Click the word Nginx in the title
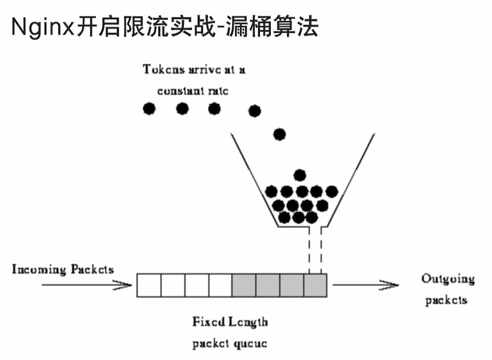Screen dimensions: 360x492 (x=42, y=26)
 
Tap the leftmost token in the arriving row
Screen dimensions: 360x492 (x=149, y=109)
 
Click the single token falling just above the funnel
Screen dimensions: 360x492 (x=279, y=134)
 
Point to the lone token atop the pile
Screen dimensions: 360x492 (x=300, y=175)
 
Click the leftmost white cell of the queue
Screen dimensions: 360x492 (x=149, y=285)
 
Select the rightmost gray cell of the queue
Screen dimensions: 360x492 (x=315, y=285)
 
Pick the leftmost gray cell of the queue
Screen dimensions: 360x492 (x=244, y=285)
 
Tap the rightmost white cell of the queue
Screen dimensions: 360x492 (x=220, y=285)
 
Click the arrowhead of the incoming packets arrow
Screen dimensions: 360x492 (x=124, y=286)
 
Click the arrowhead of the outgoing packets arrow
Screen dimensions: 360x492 (x=391, y=286)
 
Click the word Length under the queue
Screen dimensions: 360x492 (x=248, y=322)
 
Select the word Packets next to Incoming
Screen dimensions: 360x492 (x=92, y=270)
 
